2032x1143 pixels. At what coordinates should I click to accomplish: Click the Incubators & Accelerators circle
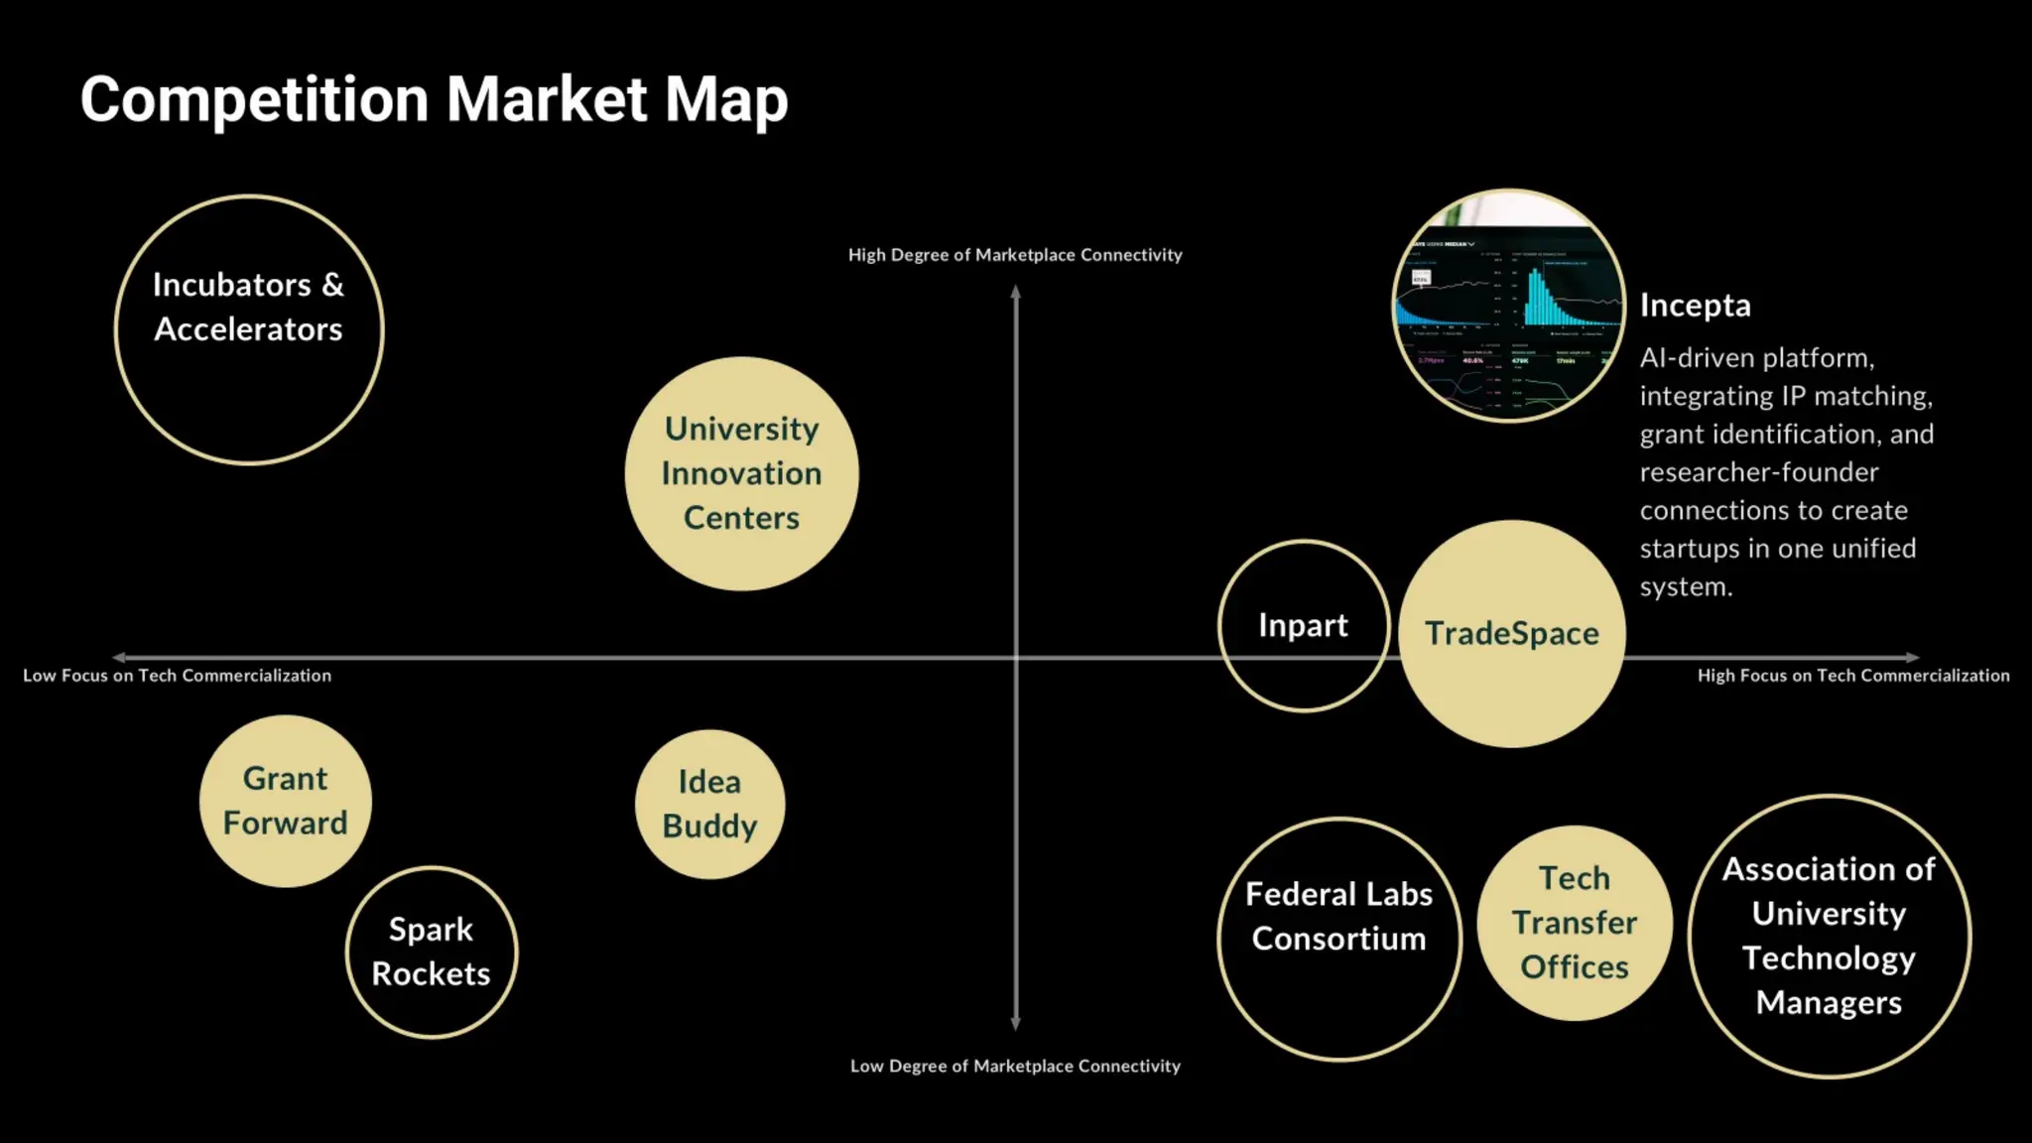tap(249, 329)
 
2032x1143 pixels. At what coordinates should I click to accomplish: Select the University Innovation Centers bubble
tap(741, 473)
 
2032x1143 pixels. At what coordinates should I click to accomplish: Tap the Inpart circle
tap(1303, 625)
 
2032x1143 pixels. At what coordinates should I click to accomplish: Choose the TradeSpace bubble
tap(1512, 633)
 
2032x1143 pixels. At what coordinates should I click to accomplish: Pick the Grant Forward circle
tap(285, 801)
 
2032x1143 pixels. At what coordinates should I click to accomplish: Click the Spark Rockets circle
tap(431, 952)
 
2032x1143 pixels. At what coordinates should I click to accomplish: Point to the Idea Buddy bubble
tap(709, 804)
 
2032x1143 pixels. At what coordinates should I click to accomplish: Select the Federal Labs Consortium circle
tap(1338, 939)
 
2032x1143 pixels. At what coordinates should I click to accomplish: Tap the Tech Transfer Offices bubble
tap(1575, 923)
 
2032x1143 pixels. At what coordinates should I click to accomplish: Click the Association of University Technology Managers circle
tap(1829, 936)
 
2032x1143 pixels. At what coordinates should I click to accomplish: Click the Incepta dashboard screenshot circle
tap(1508, 306)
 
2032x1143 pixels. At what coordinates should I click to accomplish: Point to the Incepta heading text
tap(1695, 305)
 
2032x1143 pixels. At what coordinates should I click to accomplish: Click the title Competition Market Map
tap(434, 99)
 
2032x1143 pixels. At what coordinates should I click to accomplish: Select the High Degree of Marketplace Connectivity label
tap(1015, 255)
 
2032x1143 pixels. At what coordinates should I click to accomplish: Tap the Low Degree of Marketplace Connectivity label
tap(1015, 1066)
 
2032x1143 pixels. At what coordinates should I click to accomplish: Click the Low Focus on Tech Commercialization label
tap(177, 676)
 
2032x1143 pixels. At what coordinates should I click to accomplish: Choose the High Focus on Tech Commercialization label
tap(1852, 676)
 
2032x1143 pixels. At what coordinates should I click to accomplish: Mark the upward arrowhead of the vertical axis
tap(1015, 292)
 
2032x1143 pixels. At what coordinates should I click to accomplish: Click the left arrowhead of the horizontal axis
tap(119, 657)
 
